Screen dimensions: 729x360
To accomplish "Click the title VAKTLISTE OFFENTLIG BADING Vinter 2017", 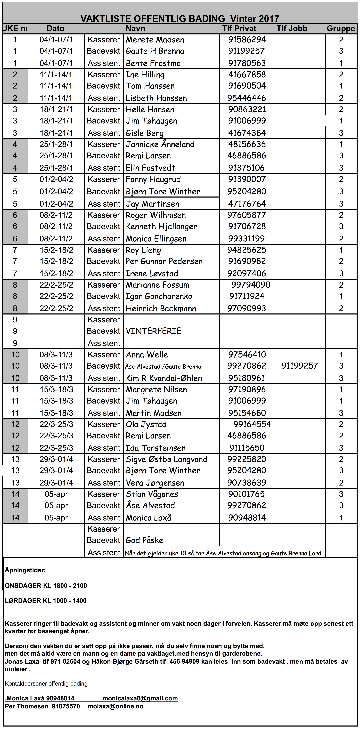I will point(180,19).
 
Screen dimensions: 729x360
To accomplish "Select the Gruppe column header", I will point(341,29).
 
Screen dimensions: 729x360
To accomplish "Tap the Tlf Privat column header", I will point(239,29).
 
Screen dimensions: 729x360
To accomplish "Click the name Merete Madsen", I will point(155,40).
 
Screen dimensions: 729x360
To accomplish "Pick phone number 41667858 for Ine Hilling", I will point(247,75).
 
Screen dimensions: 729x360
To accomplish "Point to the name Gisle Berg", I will point(145,133).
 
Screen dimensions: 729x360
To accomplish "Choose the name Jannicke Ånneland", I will point(160,144).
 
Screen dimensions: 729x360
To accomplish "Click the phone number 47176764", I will point(247,204).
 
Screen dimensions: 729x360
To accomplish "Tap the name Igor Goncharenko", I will point(159,296).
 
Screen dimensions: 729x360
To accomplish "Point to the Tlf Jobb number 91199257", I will point(300,366).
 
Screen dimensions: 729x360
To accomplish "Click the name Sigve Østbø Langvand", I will point(166,459).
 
